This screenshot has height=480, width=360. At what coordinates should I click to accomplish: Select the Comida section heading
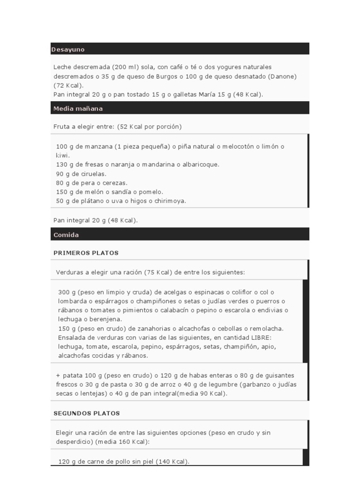(66, 235)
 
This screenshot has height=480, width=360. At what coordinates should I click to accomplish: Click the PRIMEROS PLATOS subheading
(86, 253)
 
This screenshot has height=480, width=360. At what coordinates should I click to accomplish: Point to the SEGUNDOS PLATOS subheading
(87, 413)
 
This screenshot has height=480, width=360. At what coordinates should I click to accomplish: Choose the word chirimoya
(171, 201)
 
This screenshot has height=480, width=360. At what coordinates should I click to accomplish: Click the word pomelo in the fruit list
(150, 192)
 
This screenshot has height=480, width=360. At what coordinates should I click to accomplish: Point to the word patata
(71, 375)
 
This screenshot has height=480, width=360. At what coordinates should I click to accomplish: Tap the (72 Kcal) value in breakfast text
(68, 85)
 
